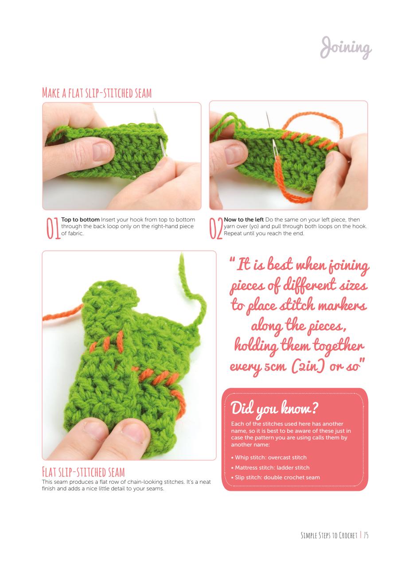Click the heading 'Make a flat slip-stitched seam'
(x=97, y=93)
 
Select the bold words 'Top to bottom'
(x=80, y=220)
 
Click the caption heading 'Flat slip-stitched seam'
(x=83, y=471)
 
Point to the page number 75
(x=366, y=536)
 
